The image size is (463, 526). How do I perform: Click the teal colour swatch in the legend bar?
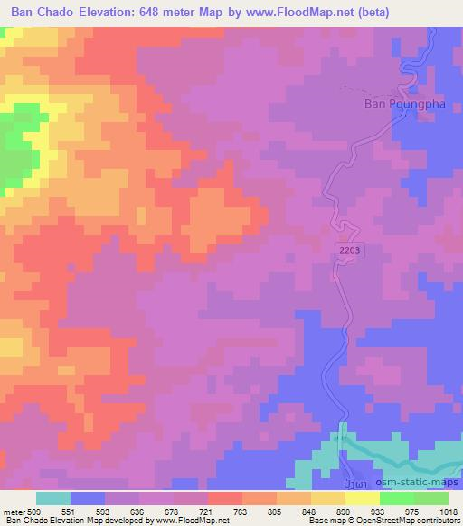pos(53,498)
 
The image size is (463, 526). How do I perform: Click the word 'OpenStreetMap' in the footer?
pos(398,521)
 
